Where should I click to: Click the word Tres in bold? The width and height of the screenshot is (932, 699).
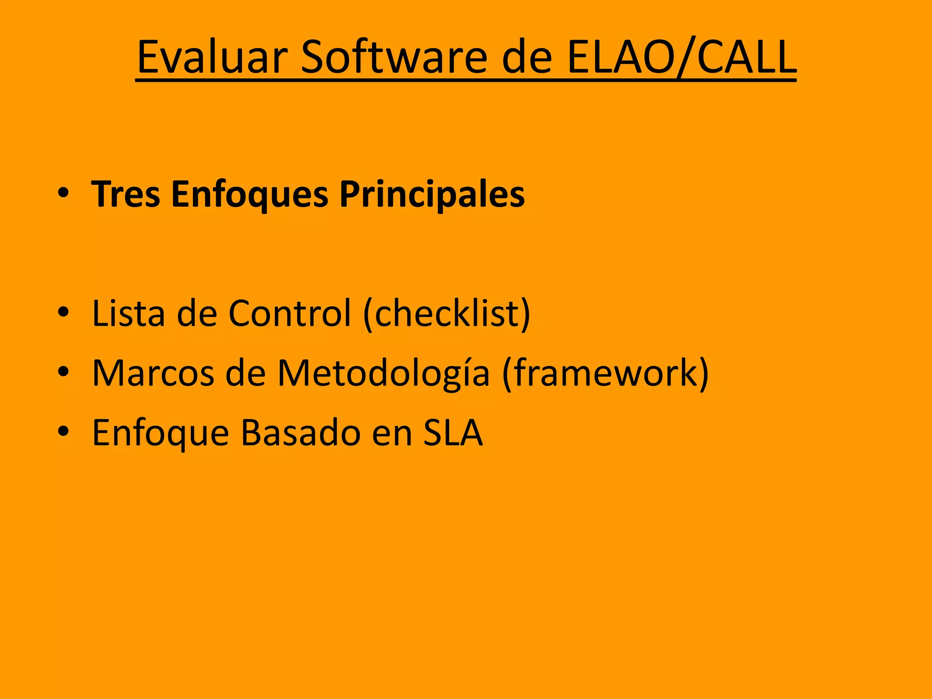click(126, 194)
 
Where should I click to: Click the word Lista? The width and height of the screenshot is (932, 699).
click(128, 313)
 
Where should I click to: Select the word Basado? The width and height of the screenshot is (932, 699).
click(300, 433)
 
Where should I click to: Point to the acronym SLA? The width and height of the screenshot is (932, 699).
click(453, 433)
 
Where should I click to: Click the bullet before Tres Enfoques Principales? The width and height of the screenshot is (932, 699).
click(63, 193)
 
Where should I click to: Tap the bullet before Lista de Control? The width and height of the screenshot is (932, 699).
click(63, 312)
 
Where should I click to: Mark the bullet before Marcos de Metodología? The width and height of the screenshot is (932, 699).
click(63, 372)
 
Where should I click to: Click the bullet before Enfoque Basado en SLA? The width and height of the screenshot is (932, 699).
click(63, 431)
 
